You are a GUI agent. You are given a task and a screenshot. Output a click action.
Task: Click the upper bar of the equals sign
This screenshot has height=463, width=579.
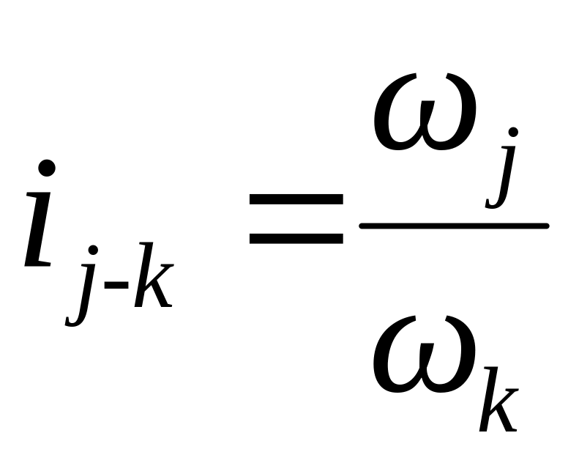[296, 199]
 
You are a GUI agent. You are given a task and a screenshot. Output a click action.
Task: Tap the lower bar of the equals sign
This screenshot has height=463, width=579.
[296, 238]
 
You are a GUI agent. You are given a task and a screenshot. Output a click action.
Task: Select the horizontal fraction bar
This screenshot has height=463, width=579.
[454, 226]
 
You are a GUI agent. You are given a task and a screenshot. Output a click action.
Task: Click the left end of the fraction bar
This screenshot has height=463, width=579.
[363, 226]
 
